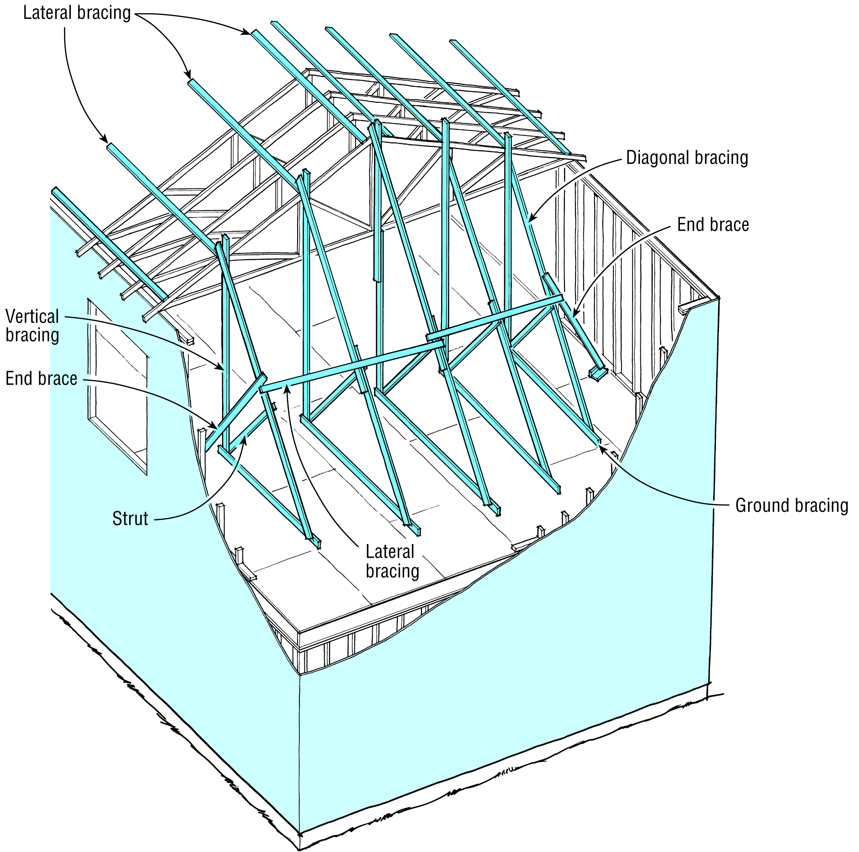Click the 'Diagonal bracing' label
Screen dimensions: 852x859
click(686, 158)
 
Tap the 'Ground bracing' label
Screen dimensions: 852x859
click(792, 505)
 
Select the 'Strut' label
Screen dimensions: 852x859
click(130, 518)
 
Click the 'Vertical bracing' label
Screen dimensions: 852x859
click(32, 326)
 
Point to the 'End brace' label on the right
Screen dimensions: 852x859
click(713, 225)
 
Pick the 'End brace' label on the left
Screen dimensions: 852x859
click(41, 378)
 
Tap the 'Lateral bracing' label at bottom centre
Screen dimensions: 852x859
click(392, 562)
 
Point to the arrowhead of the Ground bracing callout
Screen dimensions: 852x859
click(601, 446)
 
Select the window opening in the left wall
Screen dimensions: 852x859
click(118, 387)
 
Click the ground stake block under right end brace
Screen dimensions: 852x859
click(598, 374)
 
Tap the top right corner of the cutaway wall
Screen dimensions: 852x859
click(719, 298)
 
